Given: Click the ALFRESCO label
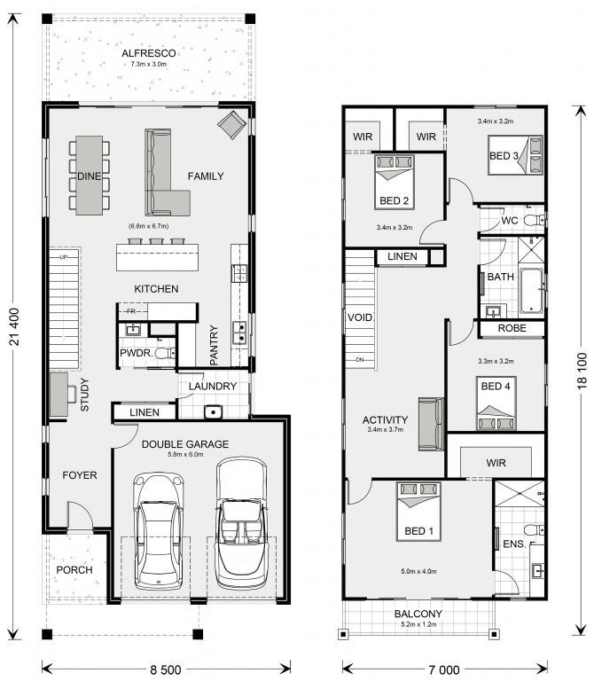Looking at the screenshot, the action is click(149, 53).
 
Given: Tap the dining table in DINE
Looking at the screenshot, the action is click(89, 176).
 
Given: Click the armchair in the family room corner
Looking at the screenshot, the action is click(232, 125).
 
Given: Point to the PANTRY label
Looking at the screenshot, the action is click(214, 345).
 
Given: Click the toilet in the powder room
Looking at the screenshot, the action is click(166, 354).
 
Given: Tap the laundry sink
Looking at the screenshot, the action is click(213, 411).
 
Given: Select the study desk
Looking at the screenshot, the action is click(59, 395).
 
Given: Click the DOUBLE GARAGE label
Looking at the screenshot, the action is click(185, 444).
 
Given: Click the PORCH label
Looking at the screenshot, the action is click(74, 570).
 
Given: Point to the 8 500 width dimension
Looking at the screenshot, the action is click(166, 669).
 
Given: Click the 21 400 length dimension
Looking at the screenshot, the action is click(14, 326).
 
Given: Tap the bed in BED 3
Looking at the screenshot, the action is click(515, 155).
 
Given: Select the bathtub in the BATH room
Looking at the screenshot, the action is click(531, 291).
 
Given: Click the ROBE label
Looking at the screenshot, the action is click(512, 328).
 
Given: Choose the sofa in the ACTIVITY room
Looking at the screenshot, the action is click(431, 424).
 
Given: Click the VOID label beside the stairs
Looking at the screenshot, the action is click(360, 317).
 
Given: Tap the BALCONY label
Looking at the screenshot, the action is click(418, 614).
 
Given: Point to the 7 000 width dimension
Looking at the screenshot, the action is click(445, 669).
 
